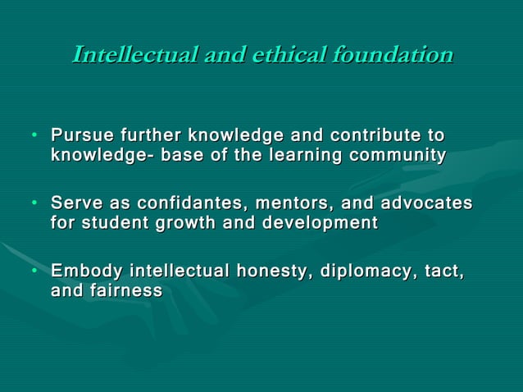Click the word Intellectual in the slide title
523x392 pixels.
[x=131, y=55]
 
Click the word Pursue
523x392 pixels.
[x=82, y=134]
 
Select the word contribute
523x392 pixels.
[x=377, y=134]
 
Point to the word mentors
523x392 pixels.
[x=289, y=203]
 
